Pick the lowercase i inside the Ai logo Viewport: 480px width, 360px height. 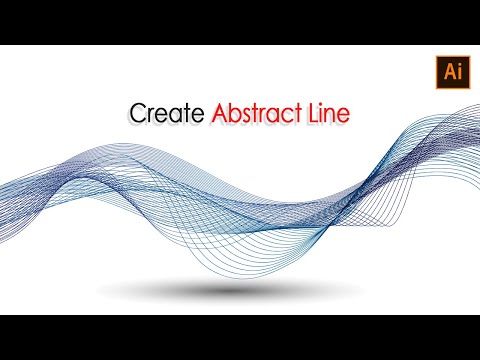[446, 72]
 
